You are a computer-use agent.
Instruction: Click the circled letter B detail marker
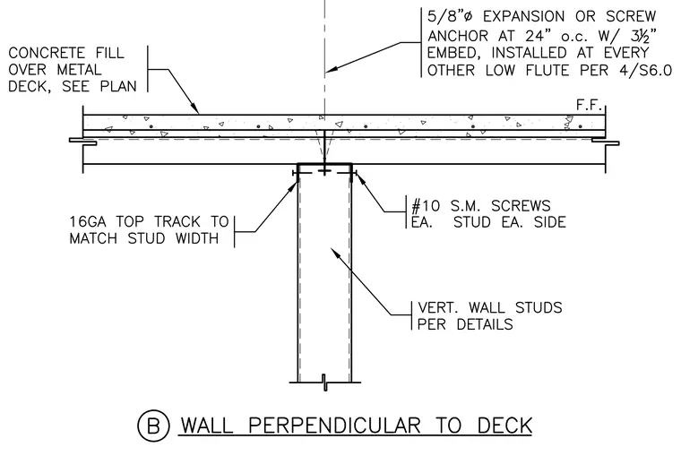click(153, 426)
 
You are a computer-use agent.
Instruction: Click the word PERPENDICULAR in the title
click(335, 426)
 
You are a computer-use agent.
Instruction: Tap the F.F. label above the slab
click(590, 106)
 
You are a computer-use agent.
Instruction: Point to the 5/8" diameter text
click(450, 16)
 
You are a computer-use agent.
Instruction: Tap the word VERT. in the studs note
click(439, 307)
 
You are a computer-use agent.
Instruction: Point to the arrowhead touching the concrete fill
click(194, 108)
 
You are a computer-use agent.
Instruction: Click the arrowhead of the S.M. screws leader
click(359, 177)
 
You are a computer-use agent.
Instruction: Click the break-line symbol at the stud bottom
click(324, 383)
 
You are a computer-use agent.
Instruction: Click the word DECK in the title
click(504, 426)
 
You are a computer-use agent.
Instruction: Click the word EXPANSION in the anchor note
click(524, 16)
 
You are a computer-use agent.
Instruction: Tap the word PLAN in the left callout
click(118, 86)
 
